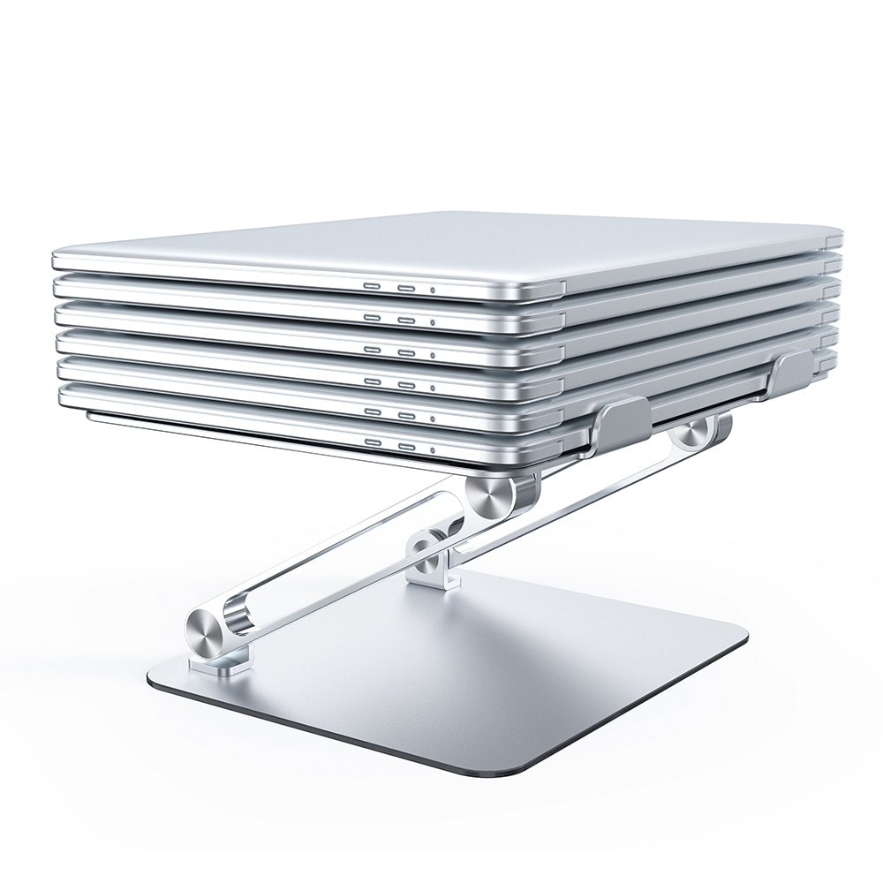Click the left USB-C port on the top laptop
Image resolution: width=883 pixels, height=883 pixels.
pos(373,288)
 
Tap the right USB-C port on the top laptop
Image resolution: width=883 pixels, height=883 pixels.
pos(406,288)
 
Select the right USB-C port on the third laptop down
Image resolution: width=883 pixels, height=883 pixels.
pos(406,351)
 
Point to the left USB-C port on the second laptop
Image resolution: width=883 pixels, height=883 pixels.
pos(373,319)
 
